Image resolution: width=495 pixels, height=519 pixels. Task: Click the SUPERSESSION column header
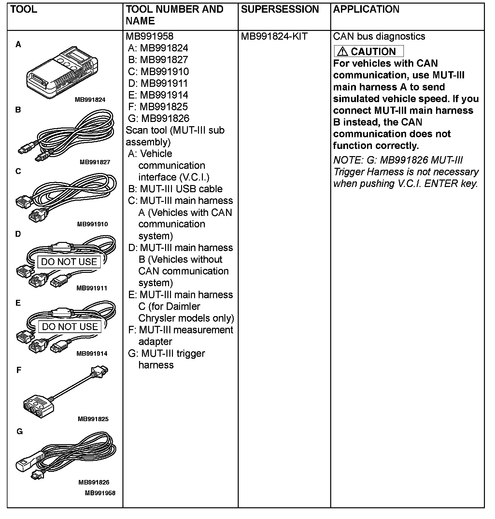point(280,9)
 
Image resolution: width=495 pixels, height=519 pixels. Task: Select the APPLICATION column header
point(366,9)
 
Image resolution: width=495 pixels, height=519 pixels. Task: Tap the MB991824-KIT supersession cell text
point(274,36)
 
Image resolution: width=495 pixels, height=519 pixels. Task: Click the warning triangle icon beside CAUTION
point(342,51)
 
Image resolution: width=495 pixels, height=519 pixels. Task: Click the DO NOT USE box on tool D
point(69,262)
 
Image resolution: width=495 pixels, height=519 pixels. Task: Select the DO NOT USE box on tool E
point(70,326)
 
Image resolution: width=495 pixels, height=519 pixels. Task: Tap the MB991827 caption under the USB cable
point(95,162)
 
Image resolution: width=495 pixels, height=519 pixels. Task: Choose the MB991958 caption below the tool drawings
point(100,493)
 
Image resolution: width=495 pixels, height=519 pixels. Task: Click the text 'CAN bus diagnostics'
point(379,36)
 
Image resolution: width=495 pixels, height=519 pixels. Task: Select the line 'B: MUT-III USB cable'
point(175,189)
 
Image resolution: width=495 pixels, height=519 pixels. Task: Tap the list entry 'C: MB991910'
point(158,72)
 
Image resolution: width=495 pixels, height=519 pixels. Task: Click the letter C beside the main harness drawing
point(18,171)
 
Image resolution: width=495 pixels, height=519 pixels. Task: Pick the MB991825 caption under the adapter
point(93,419)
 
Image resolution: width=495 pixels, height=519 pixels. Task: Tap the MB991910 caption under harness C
point(92,224)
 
